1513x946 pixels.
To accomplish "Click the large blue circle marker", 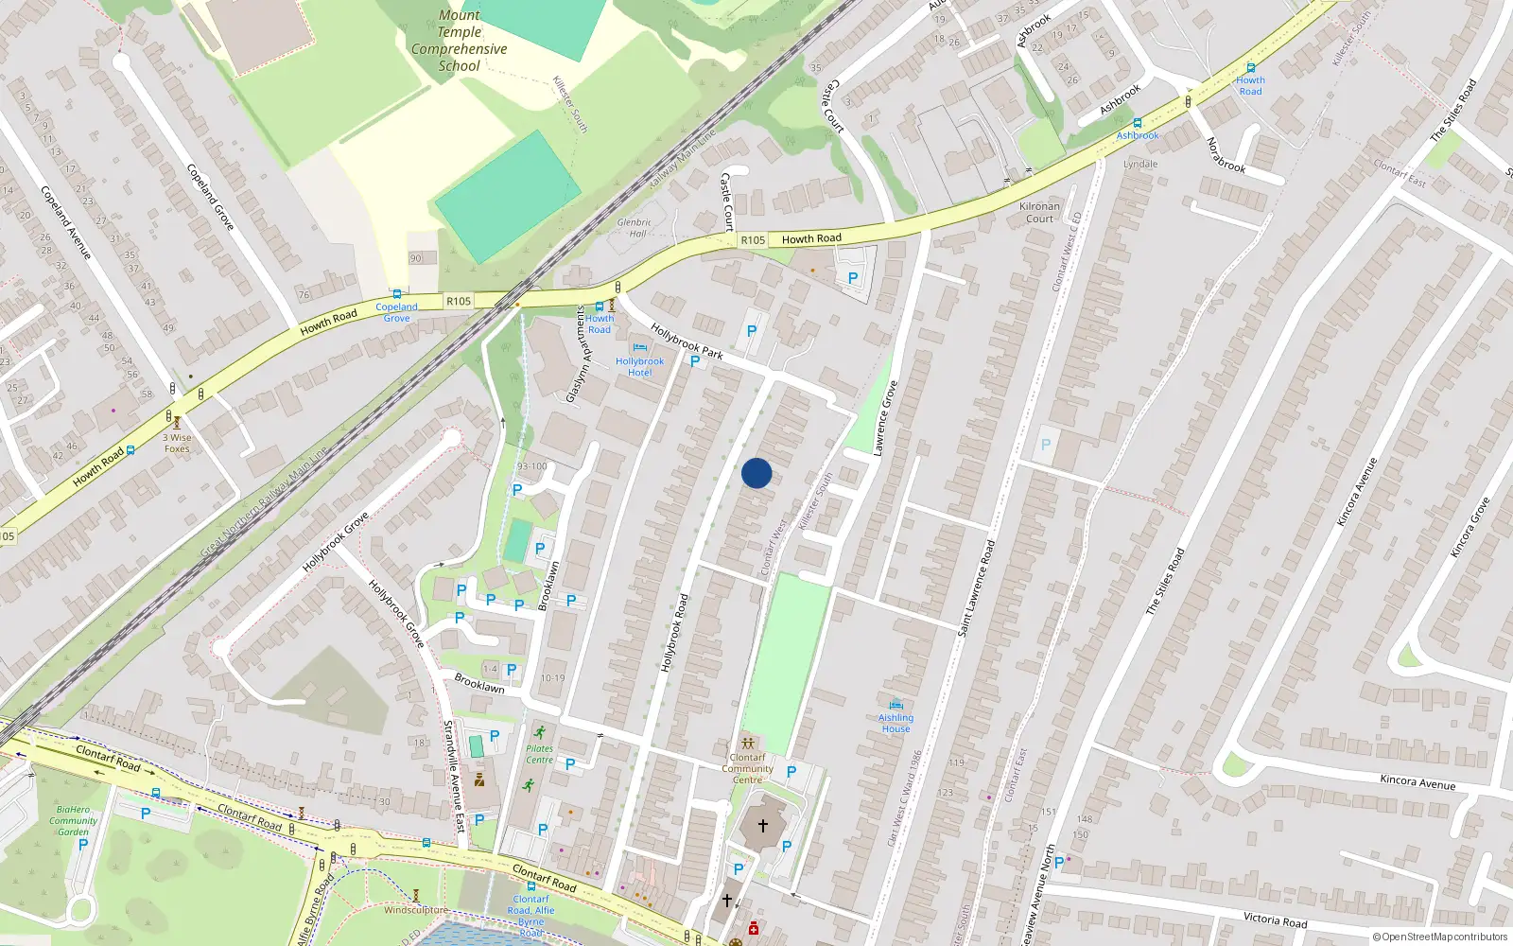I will coord(756,473).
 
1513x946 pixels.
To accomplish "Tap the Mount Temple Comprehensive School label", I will coord(460,41).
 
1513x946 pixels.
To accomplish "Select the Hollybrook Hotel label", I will coord(640,366).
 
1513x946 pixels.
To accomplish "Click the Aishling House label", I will coord(896,723).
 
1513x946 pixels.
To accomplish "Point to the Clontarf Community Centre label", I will coord(747,768).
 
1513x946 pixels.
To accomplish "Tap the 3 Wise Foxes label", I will coord(177,443).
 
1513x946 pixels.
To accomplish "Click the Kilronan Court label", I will coord(1039,212).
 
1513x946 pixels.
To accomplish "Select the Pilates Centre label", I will coord(539,754).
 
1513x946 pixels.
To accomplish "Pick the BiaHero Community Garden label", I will coord(73,820).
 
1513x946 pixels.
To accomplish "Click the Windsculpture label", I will coord(416,910).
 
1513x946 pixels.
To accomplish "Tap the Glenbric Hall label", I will coord(634,228).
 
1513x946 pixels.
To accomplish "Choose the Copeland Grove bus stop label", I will coord(396,312).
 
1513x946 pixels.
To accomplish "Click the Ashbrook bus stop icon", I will coord(1137,123).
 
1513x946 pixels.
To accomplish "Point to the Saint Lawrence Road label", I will coord(977,587).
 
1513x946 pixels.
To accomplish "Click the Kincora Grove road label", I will coord(1470,527).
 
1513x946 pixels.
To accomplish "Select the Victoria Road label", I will coord(1275,920).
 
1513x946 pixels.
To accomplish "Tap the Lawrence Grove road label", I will coord(885,418).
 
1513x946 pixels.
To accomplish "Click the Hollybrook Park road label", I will coord(687,342).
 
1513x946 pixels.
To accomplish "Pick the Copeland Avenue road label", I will coord(65,222).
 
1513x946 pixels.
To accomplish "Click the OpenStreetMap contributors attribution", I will coord(1439,937).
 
